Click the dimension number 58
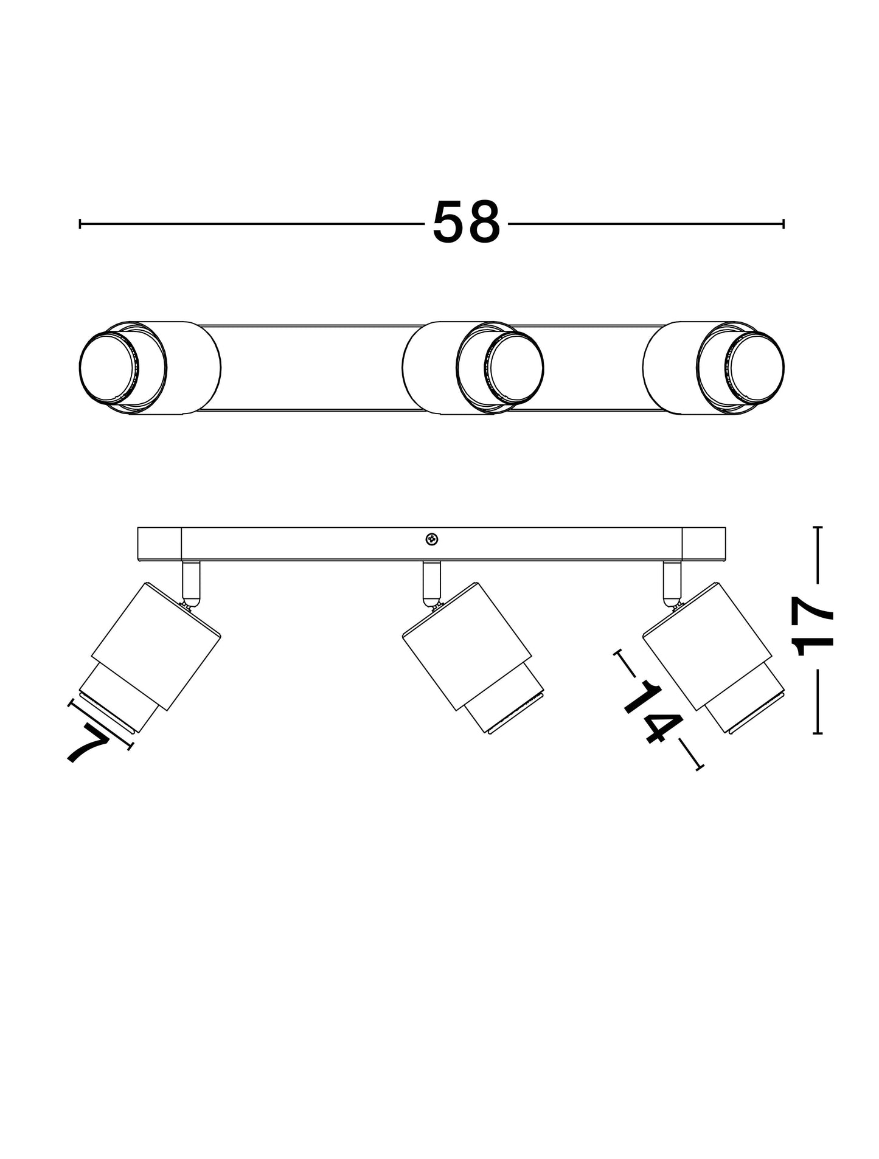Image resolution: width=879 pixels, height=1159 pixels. (466, 223)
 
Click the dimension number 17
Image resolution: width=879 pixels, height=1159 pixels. (815, 627)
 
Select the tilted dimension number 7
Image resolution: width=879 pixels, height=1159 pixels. (88, 742)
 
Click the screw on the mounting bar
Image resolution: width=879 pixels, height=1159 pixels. (431, 539)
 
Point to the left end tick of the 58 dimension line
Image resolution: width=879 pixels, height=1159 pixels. (80, 224)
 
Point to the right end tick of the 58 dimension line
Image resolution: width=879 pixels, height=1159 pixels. (783, 224)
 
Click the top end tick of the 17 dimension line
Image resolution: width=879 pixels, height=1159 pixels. (818, 528)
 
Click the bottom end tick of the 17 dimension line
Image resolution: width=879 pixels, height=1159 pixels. (818, 733)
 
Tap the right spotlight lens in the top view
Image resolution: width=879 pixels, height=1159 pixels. (757, 367)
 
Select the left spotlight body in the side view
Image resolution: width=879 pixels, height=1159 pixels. (156, 646)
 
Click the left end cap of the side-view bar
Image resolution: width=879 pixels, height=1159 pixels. (159, 544)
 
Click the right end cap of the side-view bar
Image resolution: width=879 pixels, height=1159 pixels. (704, 544)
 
